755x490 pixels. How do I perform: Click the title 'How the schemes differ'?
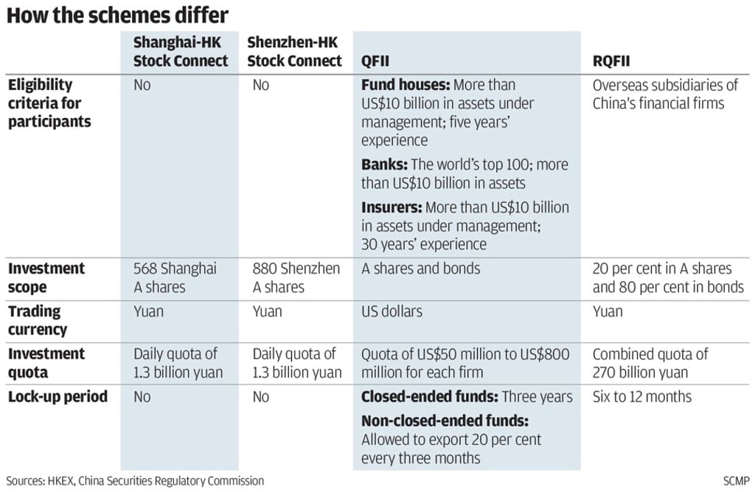click(117, 15)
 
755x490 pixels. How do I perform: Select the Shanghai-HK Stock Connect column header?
click(181, 52)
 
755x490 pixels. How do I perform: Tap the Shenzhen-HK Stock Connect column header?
click(295, 52)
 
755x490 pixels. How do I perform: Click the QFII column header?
click(377, 61)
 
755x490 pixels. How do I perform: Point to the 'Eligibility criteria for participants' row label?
click(50, 103)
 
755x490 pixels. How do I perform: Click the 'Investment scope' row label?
click(46, 277)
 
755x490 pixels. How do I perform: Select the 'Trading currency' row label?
click(38, 320)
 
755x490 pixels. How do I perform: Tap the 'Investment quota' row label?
click(46, 363)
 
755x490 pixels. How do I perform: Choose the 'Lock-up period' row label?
click(58, 397)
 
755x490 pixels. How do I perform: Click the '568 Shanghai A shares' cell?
click(175, 277)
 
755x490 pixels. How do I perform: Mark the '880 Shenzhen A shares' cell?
click(296, 277)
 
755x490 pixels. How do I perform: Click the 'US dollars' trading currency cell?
click(392, 311)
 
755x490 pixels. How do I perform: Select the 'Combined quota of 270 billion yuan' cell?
click(650, 363)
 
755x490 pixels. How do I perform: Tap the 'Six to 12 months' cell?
click(642, 397)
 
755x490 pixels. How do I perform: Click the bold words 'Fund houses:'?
click(405, 85)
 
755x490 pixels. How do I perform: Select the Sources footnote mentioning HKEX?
click(135, 480)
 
